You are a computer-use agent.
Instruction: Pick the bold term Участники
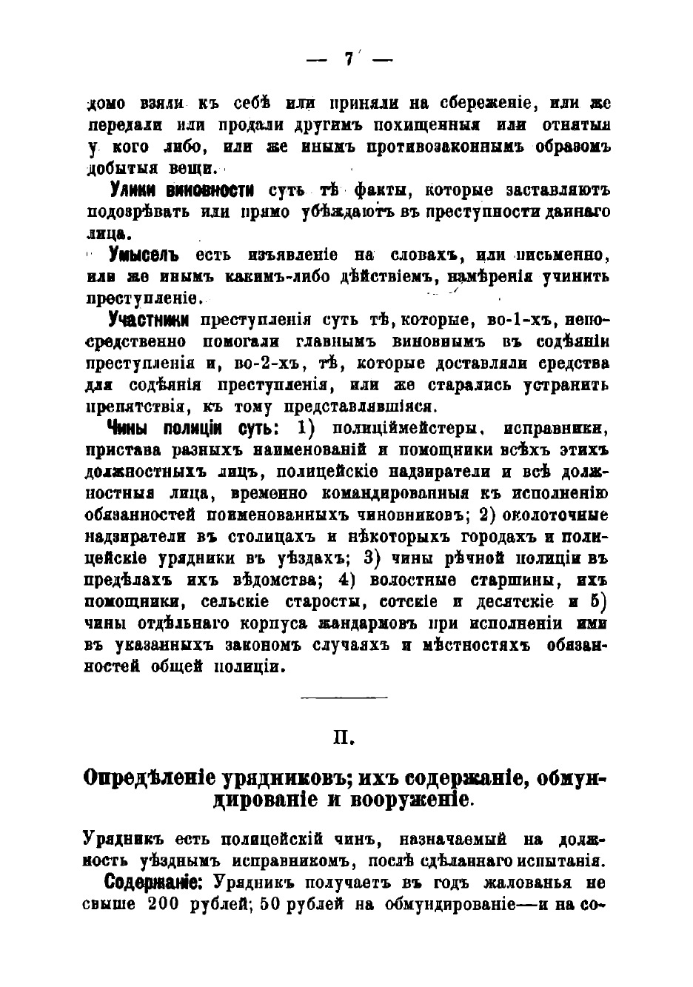pyautogui.click(x=148, y=320)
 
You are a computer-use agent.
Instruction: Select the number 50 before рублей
pyautogui.click(x=269, y=904)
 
